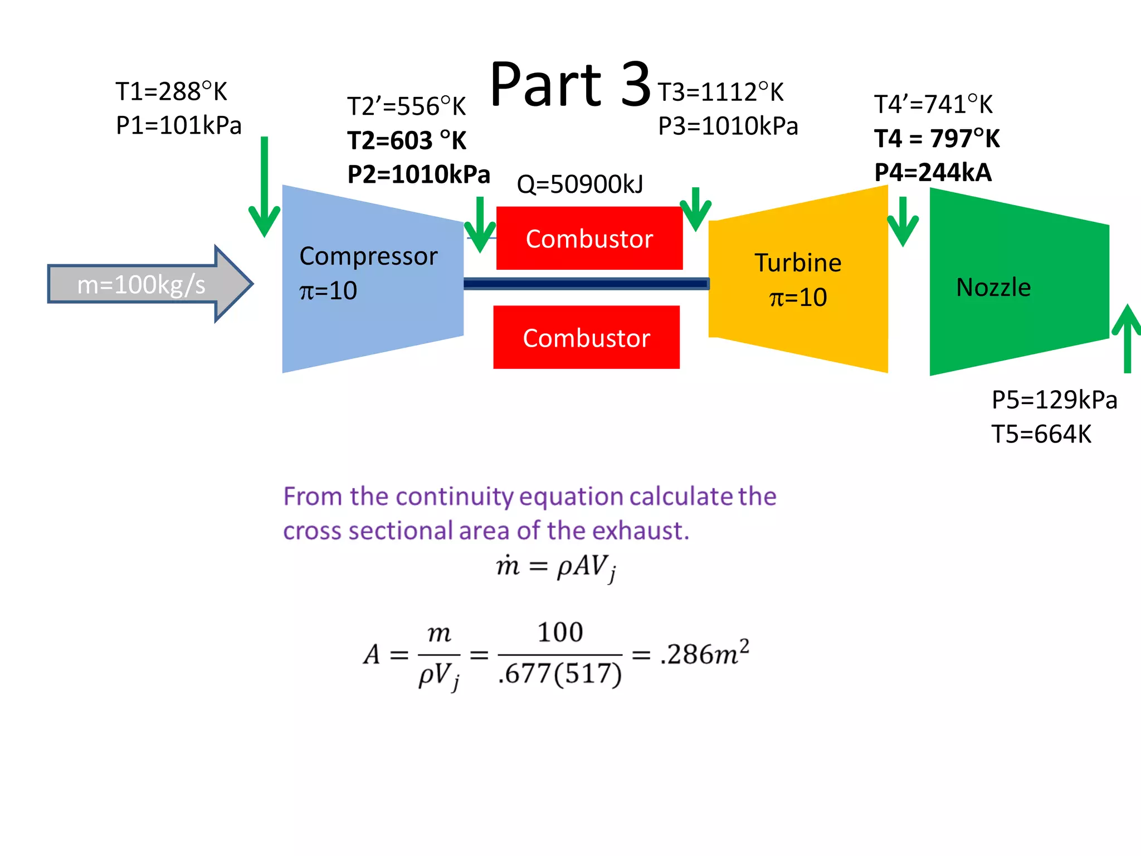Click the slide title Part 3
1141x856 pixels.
570,85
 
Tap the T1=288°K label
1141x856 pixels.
171,91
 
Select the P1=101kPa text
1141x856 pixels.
178,125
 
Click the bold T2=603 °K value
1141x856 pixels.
407,140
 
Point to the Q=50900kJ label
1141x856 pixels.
580,184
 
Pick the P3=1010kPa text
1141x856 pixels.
728,127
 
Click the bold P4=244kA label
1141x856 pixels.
933,173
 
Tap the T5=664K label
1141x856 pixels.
1041,434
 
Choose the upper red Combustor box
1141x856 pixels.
589,239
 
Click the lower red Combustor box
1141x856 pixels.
586,338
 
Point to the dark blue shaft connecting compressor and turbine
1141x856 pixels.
585,284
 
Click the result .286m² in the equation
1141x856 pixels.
705,653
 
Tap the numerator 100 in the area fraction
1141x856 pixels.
560,633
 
